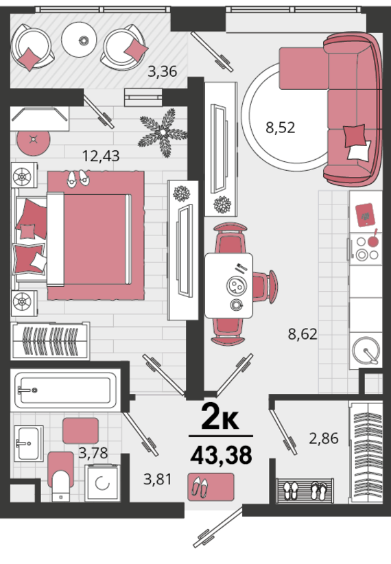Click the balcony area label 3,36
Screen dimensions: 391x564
[163, 71]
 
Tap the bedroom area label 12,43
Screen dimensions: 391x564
[101, 156]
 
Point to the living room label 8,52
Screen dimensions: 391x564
[280, 128]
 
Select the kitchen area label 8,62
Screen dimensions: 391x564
[303, 333]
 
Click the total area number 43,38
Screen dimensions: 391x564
[221, 455]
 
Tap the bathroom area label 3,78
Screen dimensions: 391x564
[93, 452]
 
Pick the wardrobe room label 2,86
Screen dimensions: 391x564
[324, 438]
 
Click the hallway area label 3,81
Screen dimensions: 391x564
[158, 479]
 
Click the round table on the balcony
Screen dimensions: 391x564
[79, 40]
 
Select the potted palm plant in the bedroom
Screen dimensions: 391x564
[163, 132]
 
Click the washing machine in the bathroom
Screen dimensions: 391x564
[102, 483]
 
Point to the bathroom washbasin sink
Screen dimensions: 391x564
[29, 443]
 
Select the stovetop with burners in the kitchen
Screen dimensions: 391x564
[366, 249]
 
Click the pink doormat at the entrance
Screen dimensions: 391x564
[211, 487]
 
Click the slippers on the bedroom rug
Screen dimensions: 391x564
[78, 178]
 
